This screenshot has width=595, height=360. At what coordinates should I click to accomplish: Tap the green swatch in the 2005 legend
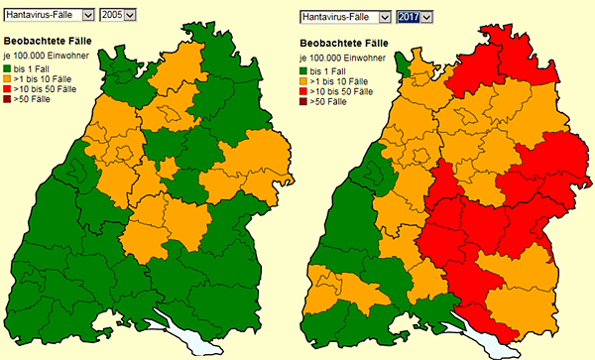tap(8, 67)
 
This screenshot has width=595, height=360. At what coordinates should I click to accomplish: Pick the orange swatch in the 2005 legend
tap(8, 78)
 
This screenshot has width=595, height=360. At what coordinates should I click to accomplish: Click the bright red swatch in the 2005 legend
tap(8, 89)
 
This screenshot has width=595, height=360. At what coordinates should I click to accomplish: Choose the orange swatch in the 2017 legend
tap(304, 81)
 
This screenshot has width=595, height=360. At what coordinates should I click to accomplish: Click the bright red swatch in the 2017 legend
tap(304, 92)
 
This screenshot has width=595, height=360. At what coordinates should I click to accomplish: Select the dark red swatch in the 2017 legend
tap(304, 103)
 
